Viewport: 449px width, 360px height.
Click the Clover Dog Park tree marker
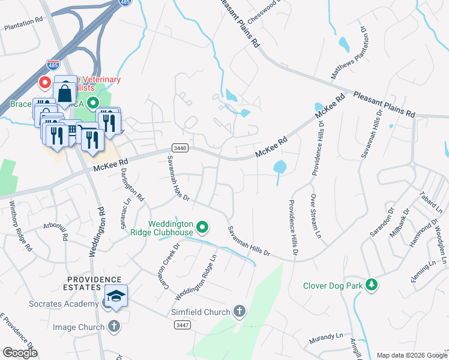372,286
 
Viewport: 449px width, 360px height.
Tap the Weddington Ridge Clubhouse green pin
203,227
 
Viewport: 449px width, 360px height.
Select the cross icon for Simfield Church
239,311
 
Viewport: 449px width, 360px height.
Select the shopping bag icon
65,93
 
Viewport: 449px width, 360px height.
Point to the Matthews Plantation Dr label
350,52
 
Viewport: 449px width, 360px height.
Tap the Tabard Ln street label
435,202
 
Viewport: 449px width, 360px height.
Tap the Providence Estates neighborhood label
94,284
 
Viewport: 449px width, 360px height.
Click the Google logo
20,353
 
